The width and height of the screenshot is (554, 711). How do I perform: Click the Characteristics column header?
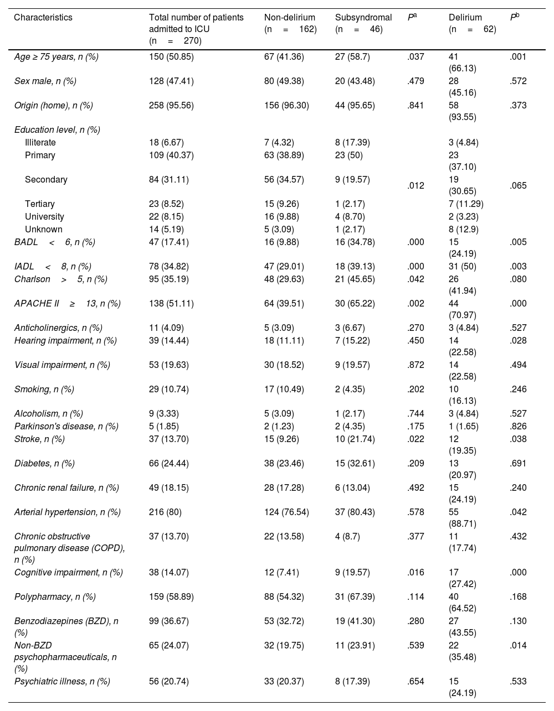[x=43, y=18]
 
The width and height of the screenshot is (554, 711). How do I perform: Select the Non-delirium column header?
[x=290, y=23]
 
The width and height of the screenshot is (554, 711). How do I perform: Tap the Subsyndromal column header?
[x=363, y=23]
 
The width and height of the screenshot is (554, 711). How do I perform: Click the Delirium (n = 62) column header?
[x=472, y=23]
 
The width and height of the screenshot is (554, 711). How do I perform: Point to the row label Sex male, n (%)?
[x=45, y=81]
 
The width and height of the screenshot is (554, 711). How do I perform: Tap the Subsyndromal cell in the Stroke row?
[x=355, y=439]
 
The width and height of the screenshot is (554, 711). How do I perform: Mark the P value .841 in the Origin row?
[x=416, y=106]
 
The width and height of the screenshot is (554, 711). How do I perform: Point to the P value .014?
[x=519, y=645]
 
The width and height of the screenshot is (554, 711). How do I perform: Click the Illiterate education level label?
[x=40, y=143]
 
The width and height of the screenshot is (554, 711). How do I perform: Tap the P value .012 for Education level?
[x=416, y=186]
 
